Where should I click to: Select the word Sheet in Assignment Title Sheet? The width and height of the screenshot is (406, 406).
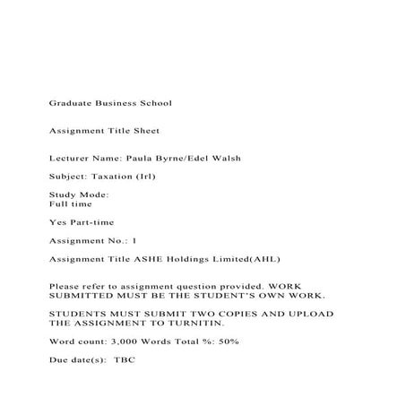(145, 131)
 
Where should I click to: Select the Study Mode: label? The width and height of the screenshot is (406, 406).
(79, 194)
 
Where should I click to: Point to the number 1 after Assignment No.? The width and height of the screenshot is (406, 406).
(134, 240)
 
